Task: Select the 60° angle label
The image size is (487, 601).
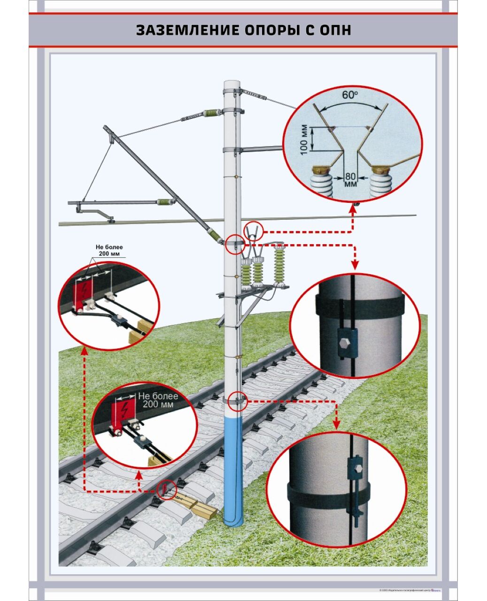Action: point(349,95)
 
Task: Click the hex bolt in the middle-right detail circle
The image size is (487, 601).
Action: point(343,341)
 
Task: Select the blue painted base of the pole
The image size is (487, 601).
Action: point(233,470)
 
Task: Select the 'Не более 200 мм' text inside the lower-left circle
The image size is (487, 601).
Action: point(157,401)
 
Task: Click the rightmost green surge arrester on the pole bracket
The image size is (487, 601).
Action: point(280,265)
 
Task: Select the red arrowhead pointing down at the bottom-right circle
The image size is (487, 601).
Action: point(336,424)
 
